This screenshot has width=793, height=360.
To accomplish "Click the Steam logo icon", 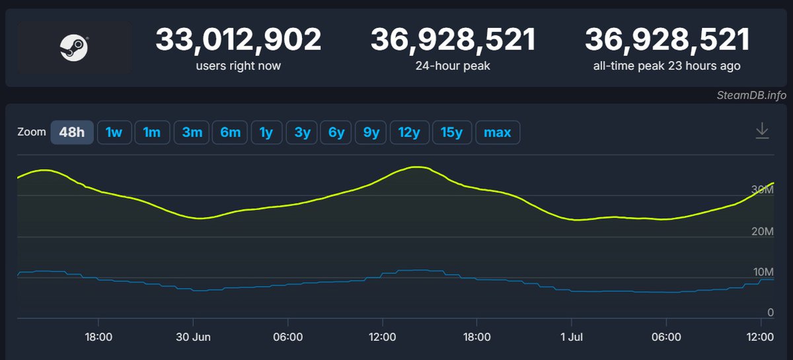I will click(74, 48).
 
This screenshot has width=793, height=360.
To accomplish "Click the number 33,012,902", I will click(238, 40).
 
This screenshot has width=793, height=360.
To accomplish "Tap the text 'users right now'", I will click(238, 66).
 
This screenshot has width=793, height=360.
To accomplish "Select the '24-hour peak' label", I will click(453, 66).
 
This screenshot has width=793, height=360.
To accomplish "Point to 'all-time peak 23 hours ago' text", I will click(667, 66).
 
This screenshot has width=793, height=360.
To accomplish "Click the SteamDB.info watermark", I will click(751, 95).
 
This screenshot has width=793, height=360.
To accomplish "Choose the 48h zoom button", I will click(72, 132).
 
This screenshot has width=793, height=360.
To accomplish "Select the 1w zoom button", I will click(114, 132).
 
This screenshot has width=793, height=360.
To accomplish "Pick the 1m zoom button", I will click(152, 132).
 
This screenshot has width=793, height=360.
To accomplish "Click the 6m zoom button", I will click(230, 132).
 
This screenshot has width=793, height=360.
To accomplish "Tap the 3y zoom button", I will click(302, 132).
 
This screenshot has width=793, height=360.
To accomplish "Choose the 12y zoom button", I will click(409, 132).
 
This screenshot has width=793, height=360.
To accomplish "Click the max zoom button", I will click(497, 132).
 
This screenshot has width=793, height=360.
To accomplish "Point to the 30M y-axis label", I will click(762, 190).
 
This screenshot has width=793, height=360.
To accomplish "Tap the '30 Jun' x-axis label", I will click(193, 337).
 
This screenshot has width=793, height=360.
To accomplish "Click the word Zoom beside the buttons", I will click(32, 132).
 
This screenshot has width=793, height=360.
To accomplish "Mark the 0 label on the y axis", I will click(770, 312).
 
